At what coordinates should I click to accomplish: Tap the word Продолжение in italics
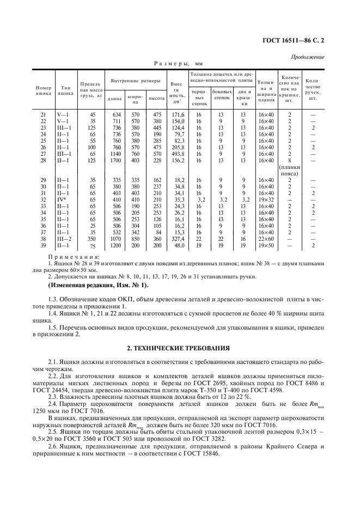coord(309,57)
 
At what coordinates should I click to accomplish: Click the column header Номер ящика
coord(43,89)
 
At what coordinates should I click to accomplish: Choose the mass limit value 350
coord(91,239)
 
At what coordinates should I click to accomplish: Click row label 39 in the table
coord(43,245)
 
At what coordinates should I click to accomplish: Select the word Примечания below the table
coord(74,256)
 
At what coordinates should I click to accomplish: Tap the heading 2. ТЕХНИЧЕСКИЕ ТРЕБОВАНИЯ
coord(180,347)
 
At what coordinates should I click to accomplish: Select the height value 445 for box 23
coord(157,127)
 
